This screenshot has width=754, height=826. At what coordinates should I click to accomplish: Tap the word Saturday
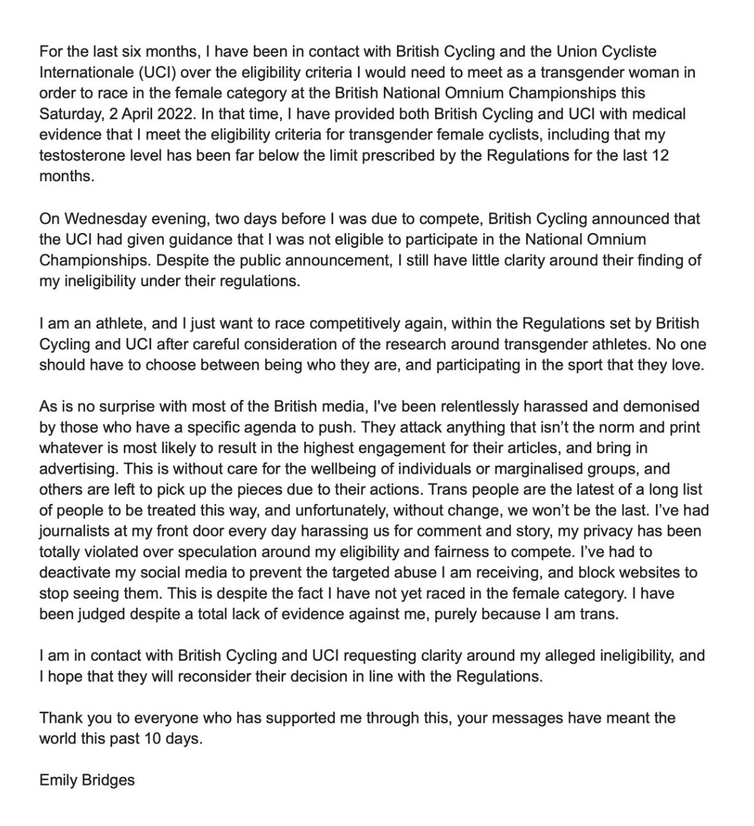pos(68,114)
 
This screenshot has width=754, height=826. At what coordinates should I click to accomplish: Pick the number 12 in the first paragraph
pos(660,156)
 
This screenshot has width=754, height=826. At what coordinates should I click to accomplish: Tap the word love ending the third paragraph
pos(688,365)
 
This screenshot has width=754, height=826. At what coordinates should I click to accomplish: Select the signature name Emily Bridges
pos(87,780)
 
